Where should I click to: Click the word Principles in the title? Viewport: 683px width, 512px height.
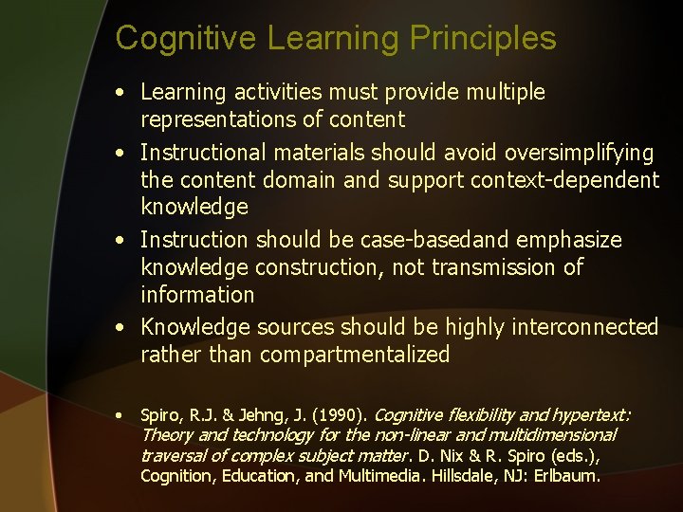tap(483, 39)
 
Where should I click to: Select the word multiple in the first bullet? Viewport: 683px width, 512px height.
tap(503, 92)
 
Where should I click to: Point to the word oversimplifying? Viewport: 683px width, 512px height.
tap(581, 153)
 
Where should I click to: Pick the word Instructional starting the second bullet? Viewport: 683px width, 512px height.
tap(198, 153)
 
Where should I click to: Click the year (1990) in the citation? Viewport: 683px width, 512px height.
tap(341, 415)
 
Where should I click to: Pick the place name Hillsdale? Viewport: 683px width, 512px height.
tap(462, 476)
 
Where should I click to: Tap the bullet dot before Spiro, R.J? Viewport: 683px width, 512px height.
tap(119, 415)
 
